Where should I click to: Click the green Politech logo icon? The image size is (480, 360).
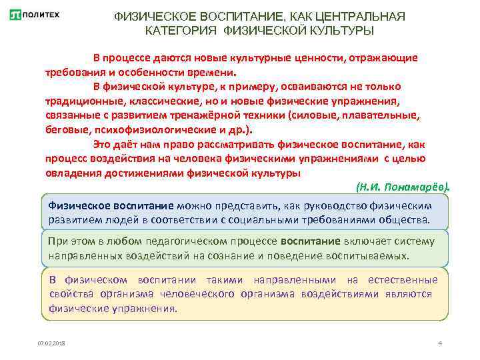pos(15,15)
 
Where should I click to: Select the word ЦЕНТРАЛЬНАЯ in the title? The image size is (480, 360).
pos(361,15)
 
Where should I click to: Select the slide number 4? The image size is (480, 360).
pos(440,343)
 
